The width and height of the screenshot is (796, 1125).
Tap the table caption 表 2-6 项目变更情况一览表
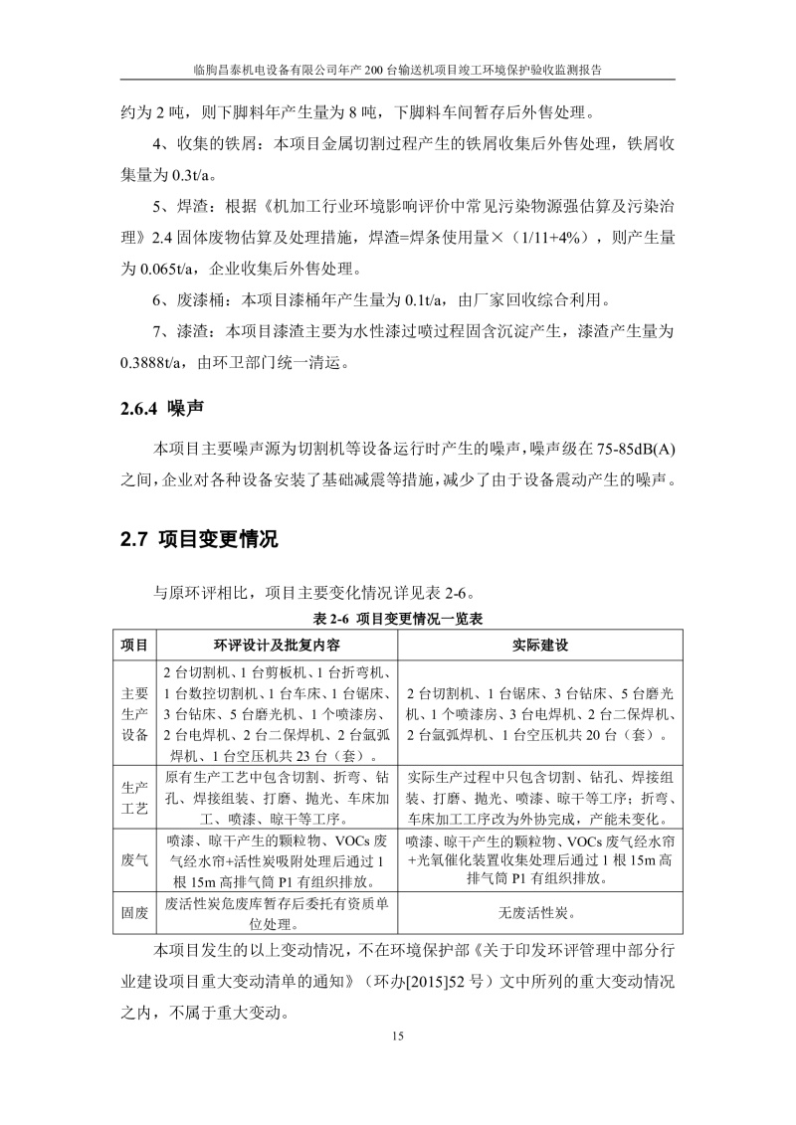point(398,619)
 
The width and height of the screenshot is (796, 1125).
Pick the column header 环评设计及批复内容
point(278,646)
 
